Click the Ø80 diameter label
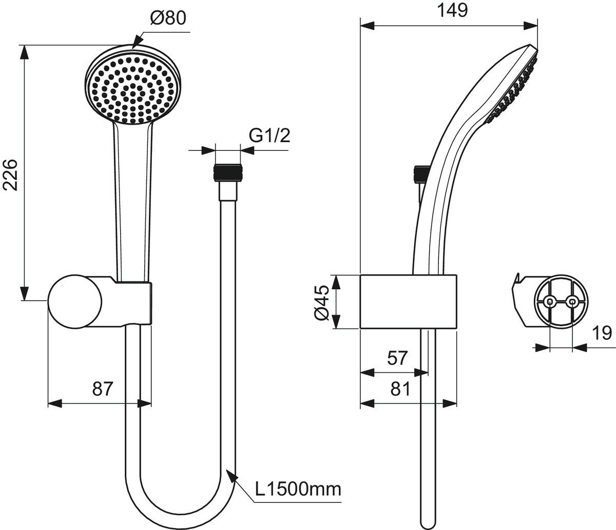[x=168, y=18]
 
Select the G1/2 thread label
[x=269, y=136]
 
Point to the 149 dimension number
[x=452, y=11]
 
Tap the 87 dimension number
[x=103, y=388]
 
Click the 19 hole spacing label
[x=602, y=332]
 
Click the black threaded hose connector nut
[x=228, y=172]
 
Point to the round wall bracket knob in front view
[x=75, y=302]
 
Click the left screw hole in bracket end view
[x=549, y=302]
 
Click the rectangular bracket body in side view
[x=408, y=302]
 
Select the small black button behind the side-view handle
[x=421, y=174]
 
